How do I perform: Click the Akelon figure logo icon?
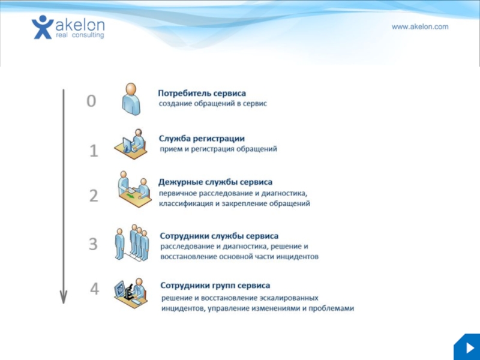click(43, 27)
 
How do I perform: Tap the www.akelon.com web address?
click(420, 27)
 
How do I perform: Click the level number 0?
click(91, 101)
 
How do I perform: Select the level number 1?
click(94, 151)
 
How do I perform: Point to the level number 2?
click(94, 196)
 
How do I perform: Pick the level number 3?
click(93, 244)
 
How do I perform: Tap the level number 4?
click(94, 290)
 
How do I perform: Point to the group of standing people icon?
click(132, 243)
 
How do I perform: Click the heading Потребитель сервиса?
click(202, 94)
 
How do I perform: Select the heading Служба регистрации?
click(202, 138)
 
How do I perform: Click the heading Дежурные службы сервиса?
click(215, 182)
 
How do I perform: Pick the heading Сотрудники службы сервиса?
click(219, 236)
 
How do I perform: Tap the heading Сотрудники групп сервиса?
click(215, 286)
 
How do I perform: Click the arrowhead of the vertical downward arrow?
click(63, 296)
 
